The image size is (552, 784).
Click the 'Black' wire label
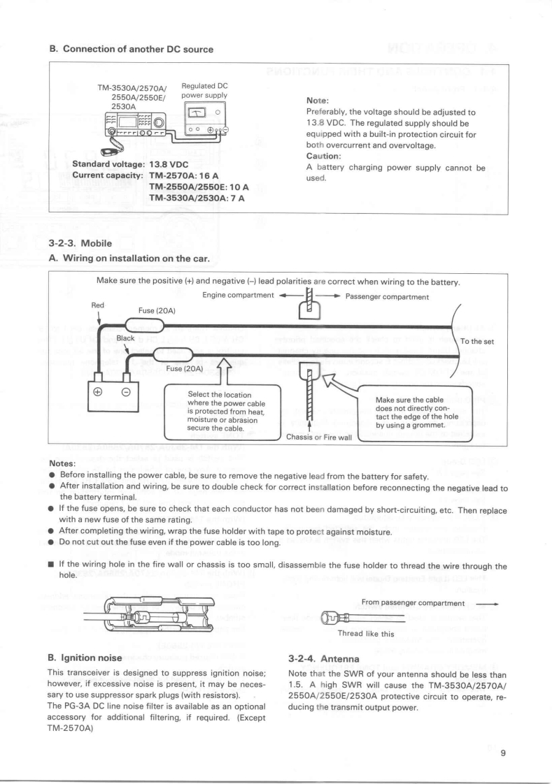click(126, 338)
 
